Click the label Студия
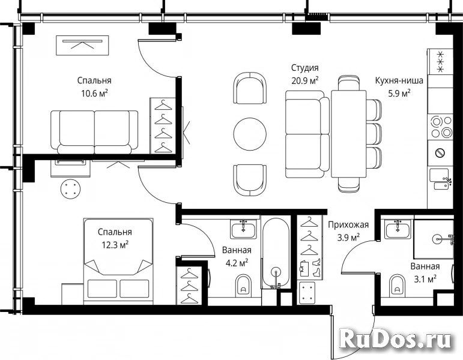[304, 68]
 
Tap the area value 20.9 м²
[304, 80]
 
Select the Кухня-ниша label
[399, 80]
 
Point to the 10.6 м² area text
[94, 94]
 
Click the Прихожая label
[348, 225]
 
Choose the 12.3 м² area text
[115, 245]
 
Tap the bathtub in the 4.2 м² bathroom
[276, 253]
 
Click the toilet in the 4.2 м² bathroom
[244, 285]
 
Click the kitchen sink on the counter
[440, 179]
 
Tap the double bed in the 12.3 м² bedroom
[118, 261]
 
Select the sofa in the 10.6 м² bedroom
[94, 132]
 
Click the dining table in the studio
[349, 134]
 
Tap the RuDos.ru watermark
[396, 341]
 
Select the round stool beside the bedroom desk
[70, 189]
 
